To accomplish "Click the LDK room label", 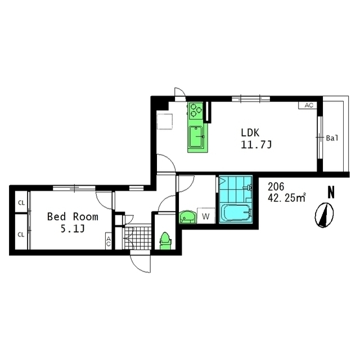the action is [x=250, y=133].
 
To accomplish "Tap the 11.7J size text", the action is [x=256, y=145].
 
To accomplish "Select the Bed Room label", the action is [x=73, y=217].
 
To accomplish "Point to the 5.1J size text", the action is [x=73, y=229].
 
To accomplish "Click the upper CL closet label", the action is [x=21, y=203].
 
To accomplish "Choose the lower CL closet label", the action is [x=21, y=235].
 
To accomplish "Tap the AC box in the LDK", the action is [x=308, y=105].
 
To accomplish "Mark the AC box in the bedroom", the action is [x=109, y=241].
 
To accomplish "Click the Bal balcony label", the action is [x=332, y=138].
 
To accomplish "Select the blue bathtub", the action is [x=236, y=213].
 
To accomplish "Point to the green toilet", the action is [x=165, y=241].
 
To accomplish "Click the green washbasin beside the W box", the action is [x=187, y=217].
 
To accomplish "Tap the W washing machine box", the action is [x=206, y=215].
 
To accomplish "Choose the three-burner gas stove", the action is [x=196, y=110].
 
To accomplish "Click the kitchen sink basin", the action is [x=196, y=137].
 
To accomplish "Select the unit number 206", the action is [x=276, y=187].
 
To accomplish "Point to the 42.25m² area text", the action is [x=286, y=198].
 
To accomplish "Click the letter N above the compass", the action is [x=331, y=192].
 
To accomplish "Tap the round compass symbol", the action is [x=324, y=215].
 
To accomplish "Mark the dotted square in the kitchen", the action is [x=165, y=121].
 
